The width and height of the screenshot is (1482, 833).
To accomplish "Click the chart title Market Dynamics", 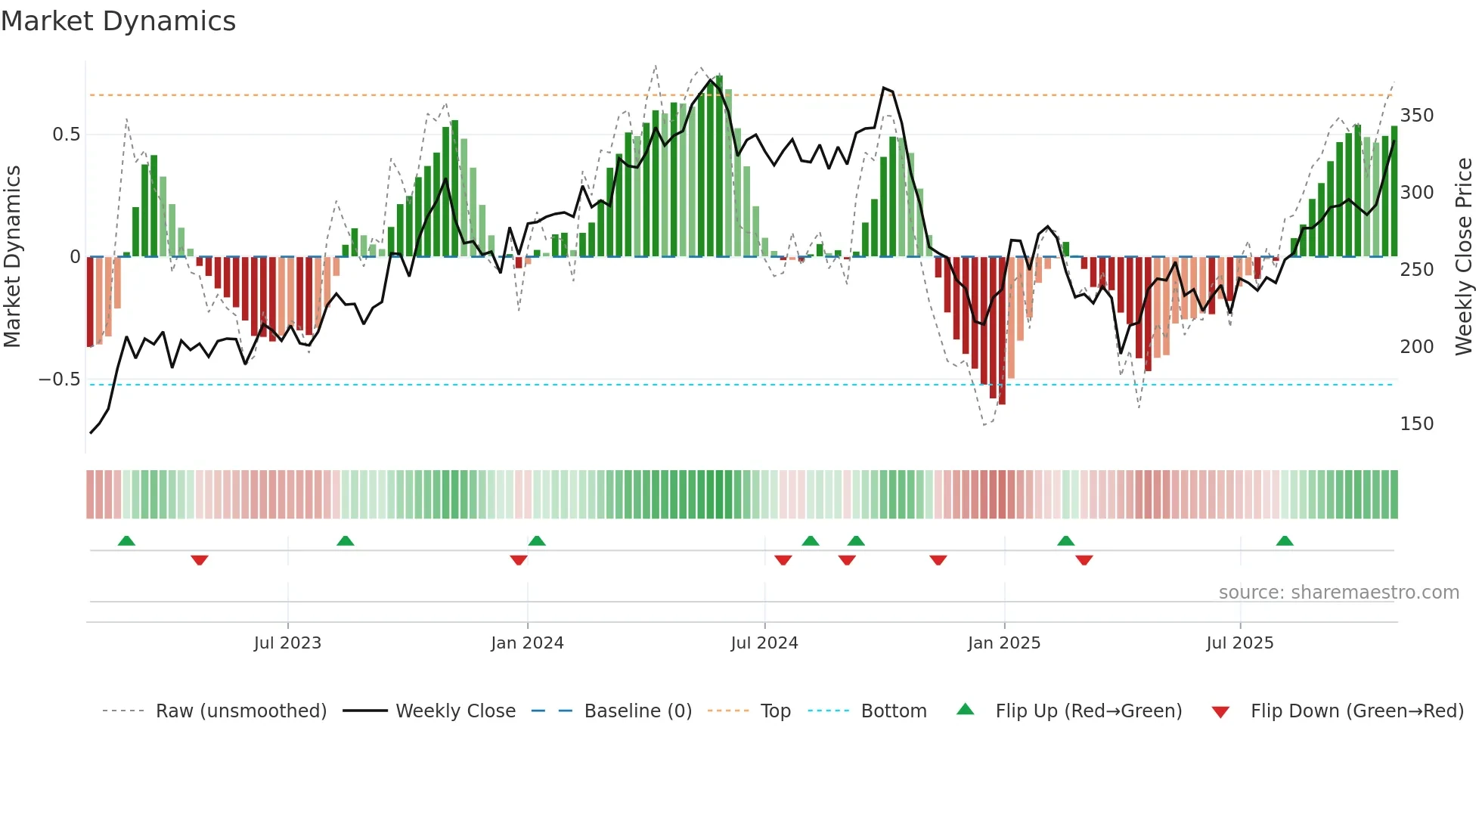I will point(118,21).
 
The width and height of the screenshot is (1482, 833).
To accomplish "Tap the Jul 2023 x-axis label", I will point(287,643).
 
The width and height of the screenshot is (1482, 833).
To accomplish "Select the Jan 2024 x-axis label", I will point(527,643).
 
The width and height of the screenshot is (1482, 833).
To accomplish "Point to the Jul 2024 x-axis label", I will point(764,643).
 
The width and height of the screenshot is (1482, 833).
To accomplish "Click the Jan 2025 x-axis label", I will point(1004,643).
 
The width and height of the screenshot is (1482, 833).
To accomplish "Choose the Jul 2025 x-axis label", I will point(1240,643).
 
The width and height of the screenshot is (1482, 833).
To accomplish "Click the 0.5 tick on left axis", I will point(66,135).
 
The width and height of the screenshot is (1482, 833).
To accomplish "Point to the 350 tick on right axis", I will point(1416,116).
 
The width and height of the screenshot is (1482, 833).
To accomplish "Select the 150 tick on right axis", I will point(1416,424).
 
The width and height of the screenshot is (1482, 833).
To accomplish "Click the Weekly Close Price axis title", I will point(1464,257).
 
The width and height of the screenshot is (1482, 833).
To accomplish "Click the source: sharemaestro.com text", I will point(1338,593).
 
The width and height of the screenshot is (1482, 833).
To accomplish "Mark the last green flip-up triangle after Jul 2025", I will point(1285,541).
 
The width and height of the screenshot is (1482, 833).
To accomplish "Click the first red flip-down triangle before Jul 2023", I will point(200,560).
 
